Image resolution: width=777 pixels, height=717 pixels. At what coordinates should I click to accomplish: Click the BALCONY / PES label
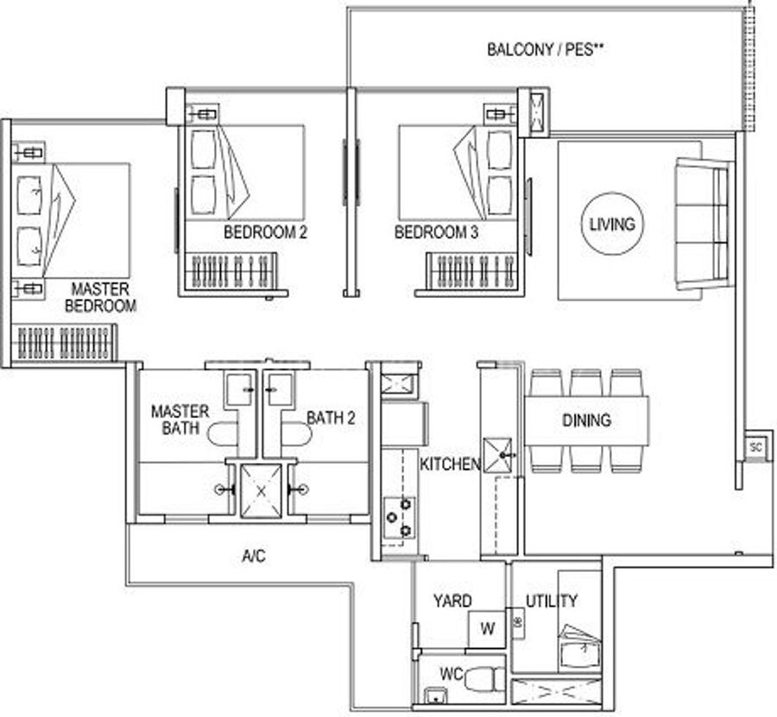click(x=545, y=49)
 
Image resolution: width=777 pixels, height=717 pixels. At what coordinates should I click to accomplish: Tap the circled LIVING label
click(x=612, y=224)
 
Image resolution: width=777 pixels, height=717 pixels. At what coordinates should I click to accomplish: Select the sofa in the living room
click(x=702, y=224)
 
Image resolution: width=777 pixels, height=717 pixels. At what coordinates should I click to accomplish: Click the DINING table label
click(x=586, y=421)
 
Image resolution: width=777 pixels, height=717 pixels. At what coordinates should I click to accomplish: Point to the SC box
click(x=755, y=447)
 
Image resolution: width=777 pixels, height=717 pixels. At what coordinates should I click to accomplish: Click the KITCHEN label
click(x=450, y=464)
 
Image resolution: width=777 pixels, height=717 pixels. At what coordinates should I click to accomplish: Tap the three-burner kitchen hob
click(x=400, y=518)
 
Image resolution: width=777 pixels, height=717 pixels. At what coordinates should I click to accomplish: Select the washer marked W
click(x=487, y=629)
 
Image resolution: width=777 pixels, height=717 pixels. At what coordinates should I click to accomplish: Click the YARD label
click(x=452, y=601)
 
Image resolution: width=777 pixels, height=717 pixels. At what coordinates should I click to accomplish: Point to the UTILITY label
click(x=552, y=601)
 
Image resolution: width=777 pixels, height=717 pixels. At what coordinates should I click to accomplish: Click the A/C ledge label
click(x=254, y=556)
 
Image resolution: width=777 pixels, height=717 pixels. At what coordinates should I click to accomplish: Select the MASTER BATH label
click(x=180, y=420)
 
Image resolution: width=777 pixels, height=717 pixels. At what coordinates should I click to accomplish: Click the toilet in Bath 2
click(x=296, y=435)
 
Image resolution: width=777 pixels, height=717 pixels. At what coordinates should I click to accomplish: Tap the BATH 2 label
click(x=331, y=418)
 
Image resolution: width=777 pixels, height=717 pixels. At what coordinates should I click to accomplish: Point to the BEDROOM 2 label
click(x=266, y=232)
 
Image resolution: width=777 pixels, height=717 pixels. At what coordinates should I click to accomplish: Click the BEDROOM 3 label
click(x=436, y=232)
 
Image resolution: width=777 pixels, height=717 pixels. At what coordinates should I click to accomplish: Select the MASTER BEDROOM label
click(x=101, y=297)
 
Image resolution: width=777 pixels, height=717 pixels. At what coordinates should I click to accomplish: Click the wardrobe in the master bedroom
click(x=64, y=343)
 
